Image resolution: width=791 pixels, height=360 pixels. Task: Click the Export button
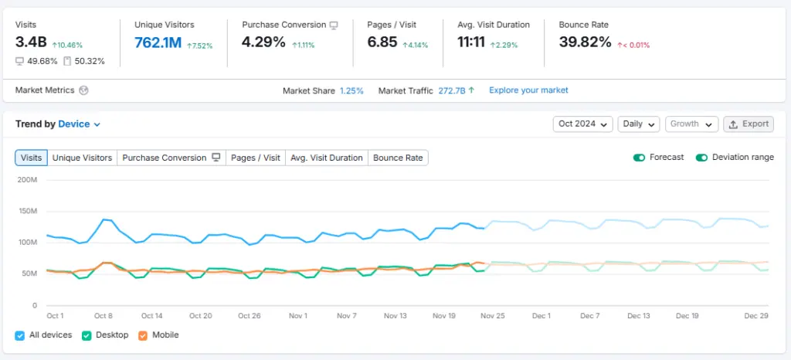(749, 124)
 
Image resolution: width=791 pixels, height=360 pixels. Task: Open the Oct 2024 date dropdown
(582, 124)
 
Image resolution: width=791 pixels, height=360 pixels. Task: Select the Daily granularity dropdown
(639, 124)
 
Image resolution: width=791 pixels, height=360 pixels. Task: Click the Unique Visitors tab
(82, 158)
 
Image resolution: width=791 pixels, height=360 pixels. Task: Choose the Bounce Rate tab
(398, 158)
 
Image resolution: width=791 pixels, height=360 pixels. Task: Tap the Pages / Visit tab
(256, 158)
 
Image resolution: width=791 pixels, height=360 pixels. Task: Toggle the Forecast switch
(640, 158)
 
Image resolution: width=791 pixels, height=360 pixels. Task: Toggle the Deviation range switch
(701, 158)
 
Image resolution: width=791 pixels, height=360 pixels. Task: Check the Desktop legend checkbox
(87, 335)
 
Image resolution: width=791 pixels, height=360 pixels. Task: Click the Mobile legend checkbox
(143, 335)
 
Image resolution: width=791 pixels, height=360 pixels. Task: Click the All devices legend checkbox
(20, 335)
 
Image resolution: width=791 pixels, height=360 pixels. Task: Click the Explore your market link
(528, 90)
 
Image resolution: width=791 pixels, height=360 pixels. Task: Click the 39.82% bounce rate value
(585, 42)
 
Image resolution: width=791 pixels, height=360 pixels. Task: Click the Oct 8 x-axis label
(104, 316)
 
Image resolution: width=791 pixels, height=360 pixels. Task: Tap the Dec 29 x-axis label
(755, 316)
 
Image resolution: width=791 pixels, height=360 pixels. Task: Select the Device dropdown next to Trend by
(80, 124)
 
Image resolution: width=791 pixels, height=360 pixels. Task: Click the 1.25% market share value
(351, 90)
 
